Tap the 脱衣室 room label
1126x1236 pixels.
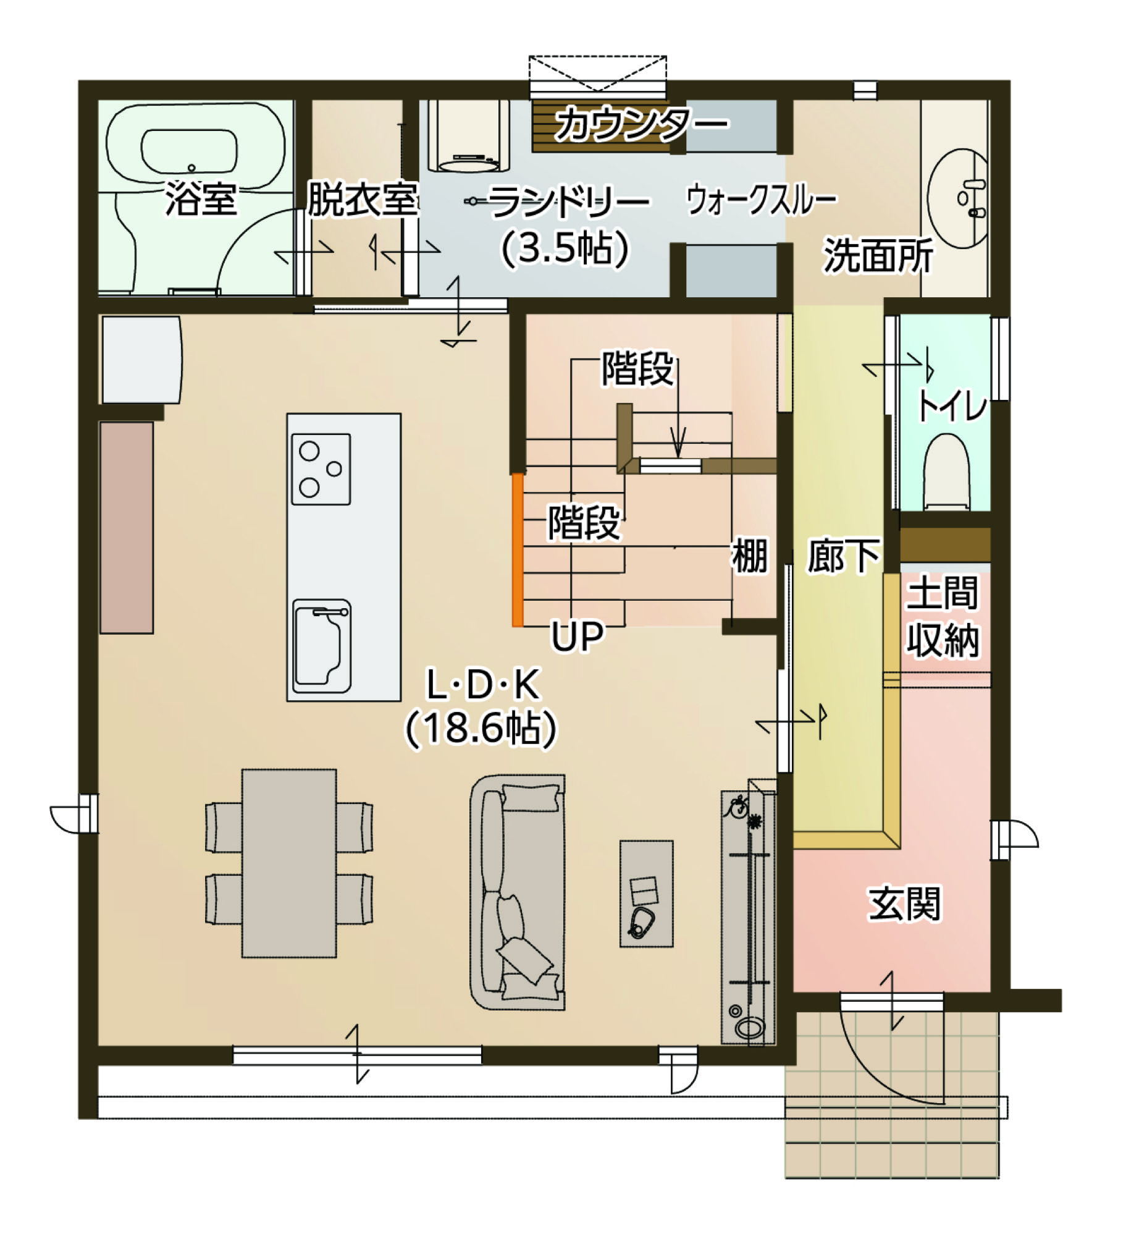click(x=363, y=200)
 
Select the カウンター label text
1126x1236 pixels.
click(x=641, y=124)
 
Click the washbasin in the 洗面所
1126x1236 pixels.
click(x=958, y=198)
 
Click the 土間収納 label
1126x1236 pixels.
click(x=943, y=616)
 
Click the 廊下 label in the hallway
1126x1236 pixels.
click(x=844, y=556)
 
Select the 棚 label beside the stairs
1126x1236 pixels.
click(x=750, y=556)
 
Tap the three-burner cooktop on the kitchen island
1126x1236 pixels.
click(x=321, y=469)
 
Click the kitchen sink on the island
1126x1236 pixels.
click(x=322, y=646)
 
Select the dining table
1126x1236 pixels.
click(x=289, y=863)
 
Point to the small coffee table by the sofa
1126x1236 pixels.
click(x=647, y=893)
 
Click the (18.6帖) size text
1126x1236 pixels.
click(x=481, y=729)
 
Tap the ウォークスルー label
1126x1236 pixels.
click(x=762, y=200)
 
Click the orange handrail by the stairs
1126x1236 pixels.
click(x=518, y=550)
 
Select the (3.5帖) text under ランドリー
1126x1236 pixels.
click(x=565, y=248)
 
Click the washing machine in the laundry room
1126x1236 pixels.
click(x=469, y=136)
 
